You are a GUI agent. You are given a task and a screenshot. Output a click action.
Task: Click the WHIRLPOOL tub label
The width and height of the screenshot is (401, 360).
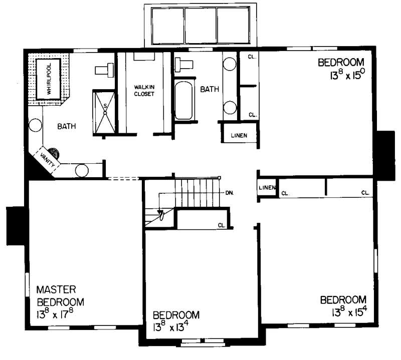pos(49,80)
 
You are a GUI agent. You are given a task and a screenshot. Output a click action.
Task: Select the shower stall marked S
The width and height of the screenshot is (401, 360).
pos(105,112)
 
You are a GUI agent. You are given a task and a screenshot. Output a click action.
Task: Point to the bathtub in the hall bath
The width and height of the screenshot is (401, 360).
pos(184,102)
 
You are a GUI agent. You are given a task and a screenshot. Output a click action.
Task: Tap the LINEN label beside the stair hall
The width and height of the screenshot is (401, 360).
pos(266,188)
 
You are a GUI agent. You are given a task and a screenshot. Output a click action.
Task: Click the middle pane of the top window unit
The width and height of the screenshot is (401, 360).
pos(200,27)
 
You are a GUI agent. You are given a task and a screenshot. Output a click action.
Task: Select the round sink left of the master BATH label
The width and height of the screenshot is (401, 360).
pos(35,125)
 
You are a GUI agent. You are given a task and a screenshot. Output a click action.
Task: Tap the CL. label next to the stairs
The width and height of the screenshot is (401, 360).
pos(222,225)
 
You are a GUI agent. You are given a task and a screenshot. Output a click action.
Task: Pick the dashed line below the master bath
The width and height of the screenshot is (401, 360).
pos(123,178)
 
